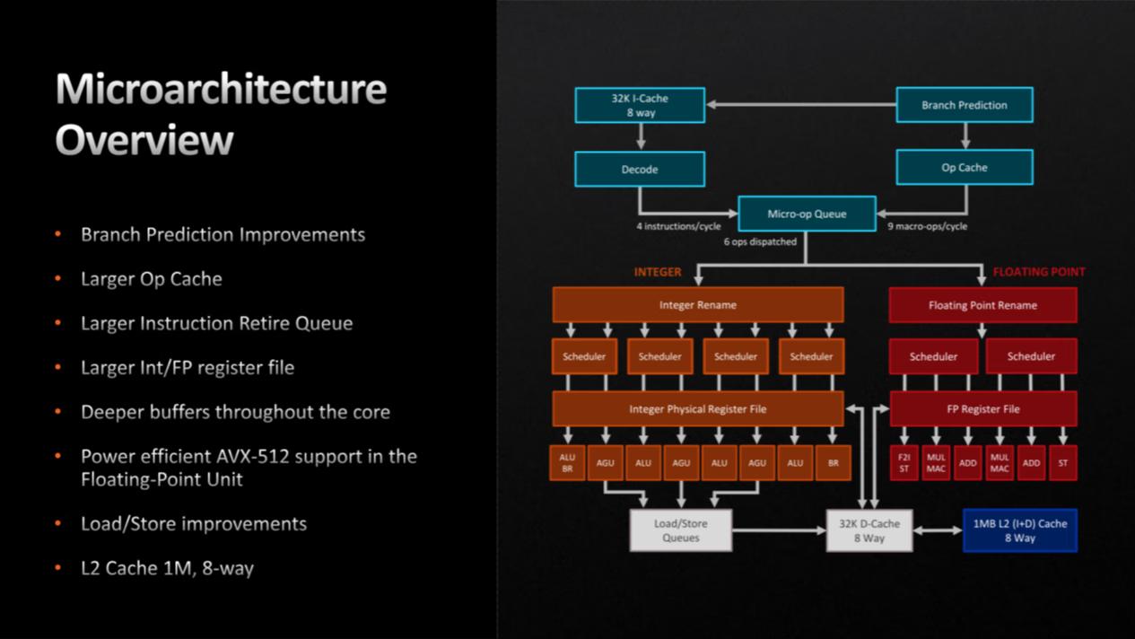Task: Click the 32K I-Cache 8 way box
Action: (x=640, y=105)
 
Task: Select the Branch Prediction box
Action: (x=964, y=105)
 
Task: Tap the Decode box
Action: (x=640, y=169)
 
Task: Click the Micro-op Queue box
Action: (x=807, y=214)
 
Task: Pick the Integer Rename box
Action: (x=697, y=305)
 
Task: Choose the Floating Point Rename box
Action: (x=982, y=305)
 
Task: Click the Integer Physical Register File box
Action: (x=697, y=409)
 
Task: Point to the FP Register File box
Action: (x=982, y=409)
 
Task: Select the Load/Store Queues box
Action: (x=681, y=530)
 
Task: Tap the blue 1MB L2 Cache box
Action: (x=1019, y=530)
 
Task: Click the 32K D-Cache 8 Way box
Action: (x=869, y=530)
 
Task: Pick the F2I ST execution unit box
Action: (x=904, y=463)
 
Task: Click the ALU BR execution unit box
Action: (x=567, y=463)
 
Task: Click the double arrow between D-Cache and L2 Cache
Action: (x=938, y=530)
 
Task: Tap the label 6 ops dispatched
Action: (x=760, y=241)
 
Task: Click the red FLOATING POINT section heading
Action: (x=1038, y=272)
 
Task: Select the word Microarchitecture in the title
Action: (x=221, y=89)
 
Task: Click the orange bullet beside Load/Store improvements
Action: (x=58, y=523)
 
